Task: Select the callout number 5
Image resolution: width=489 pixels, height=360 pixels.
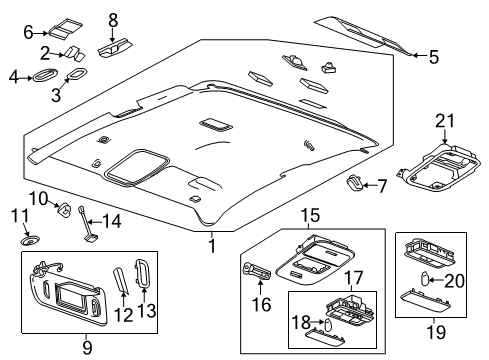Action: point(433,58)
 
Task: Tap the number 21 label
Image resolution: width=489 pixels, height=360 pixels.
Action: point(444,122)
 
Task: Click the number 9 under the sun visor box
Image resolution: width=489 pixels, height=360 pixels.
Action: point(87,347)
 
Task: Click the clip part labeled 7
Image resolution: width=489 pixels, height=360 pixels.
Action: point(354,181)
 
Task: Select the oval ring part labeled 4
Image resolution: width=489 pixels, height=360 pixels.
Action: point(46,75)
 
